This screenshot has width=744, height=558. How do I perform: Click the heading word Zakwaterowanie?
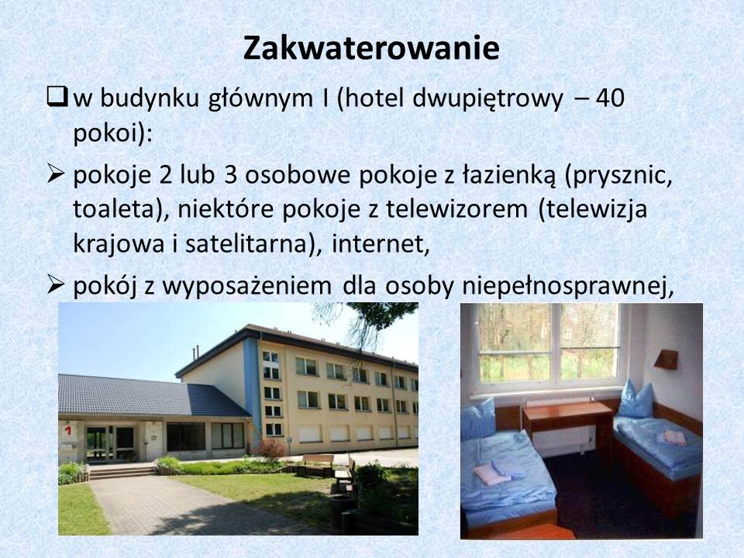[x=371, y=48]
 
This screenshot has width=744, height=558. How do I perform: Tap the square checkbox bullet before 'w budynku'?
[x=57, y=98]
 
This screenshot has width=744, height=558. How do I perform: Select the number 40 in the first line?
[x=610, y=98]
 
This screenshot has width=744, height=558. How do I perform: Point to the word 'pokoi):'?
[x=112, y=135]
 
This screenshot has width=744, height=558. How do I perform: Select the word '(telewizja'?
[x=593, y=210]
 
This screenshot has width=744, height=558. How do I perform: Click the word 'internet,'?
[x=381, y=245]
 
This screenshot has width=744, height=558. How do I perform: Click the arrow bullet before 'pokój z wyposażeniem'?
[x=56, y=285]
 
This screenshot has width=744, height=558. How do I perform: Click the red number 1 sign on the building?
[x=68, y=430]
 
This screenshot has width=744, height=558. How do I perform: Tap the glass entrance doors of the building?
[x=110, y=443]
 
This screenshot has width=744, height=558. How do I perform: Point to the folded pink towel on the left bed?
[x=490, y=474]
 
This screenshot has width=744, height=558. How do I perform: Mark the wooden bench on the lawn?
[x=317, y=460]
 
